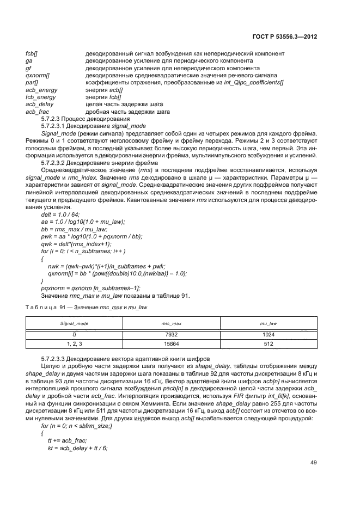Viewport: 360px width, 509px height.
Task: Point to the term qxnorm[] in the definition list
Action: pos(38,76)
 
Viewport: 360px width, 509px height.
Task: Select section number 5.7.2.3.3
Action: pos(57,360)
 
